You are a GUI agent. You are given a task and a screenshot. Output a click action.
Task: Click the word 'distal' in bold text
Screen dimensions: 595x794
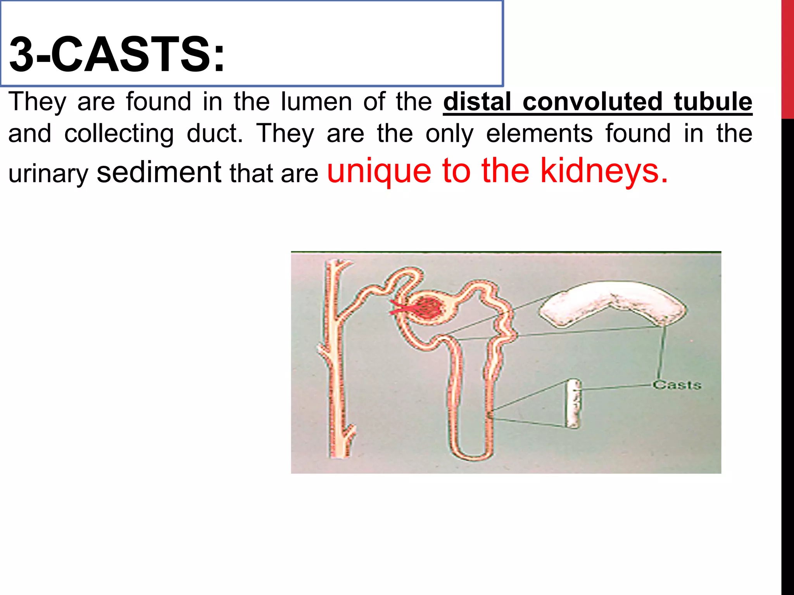(477, 101)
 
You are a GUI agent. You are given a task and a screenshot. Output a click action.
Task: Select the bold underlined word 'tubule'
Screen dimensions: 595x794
(713, 101)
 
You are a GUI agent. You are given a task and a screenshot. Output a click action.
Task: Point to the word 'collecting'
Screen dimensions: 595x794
(119, 134)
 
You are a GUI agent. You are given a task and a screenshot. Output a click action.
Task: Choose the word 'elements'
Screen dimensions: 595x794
(539, 134)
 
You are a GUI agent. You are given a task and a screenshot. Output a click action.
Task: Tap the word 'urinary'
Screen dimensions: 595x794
(48, 174)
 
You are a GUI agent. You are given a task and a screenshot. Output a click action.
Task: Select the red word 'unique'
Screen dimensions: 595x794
(379, 171)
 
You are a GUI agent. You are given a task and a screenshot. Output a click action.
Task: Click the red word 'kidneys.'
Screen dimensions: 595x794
(604, 171)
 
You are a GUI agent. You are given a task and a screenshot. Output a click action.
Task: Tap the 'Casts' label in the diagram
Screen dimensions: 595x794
(677, 385)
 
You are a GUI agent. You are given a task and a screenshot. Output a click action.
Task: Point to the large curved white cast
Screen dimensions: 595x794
(613, 302)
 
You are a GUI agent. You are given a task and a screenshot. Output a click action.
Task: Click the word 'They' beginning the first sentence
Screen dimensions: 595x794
(37, 101)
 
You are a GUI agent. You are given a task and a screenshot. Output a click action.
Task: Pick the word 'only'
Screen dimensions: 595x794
(450, 134)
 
